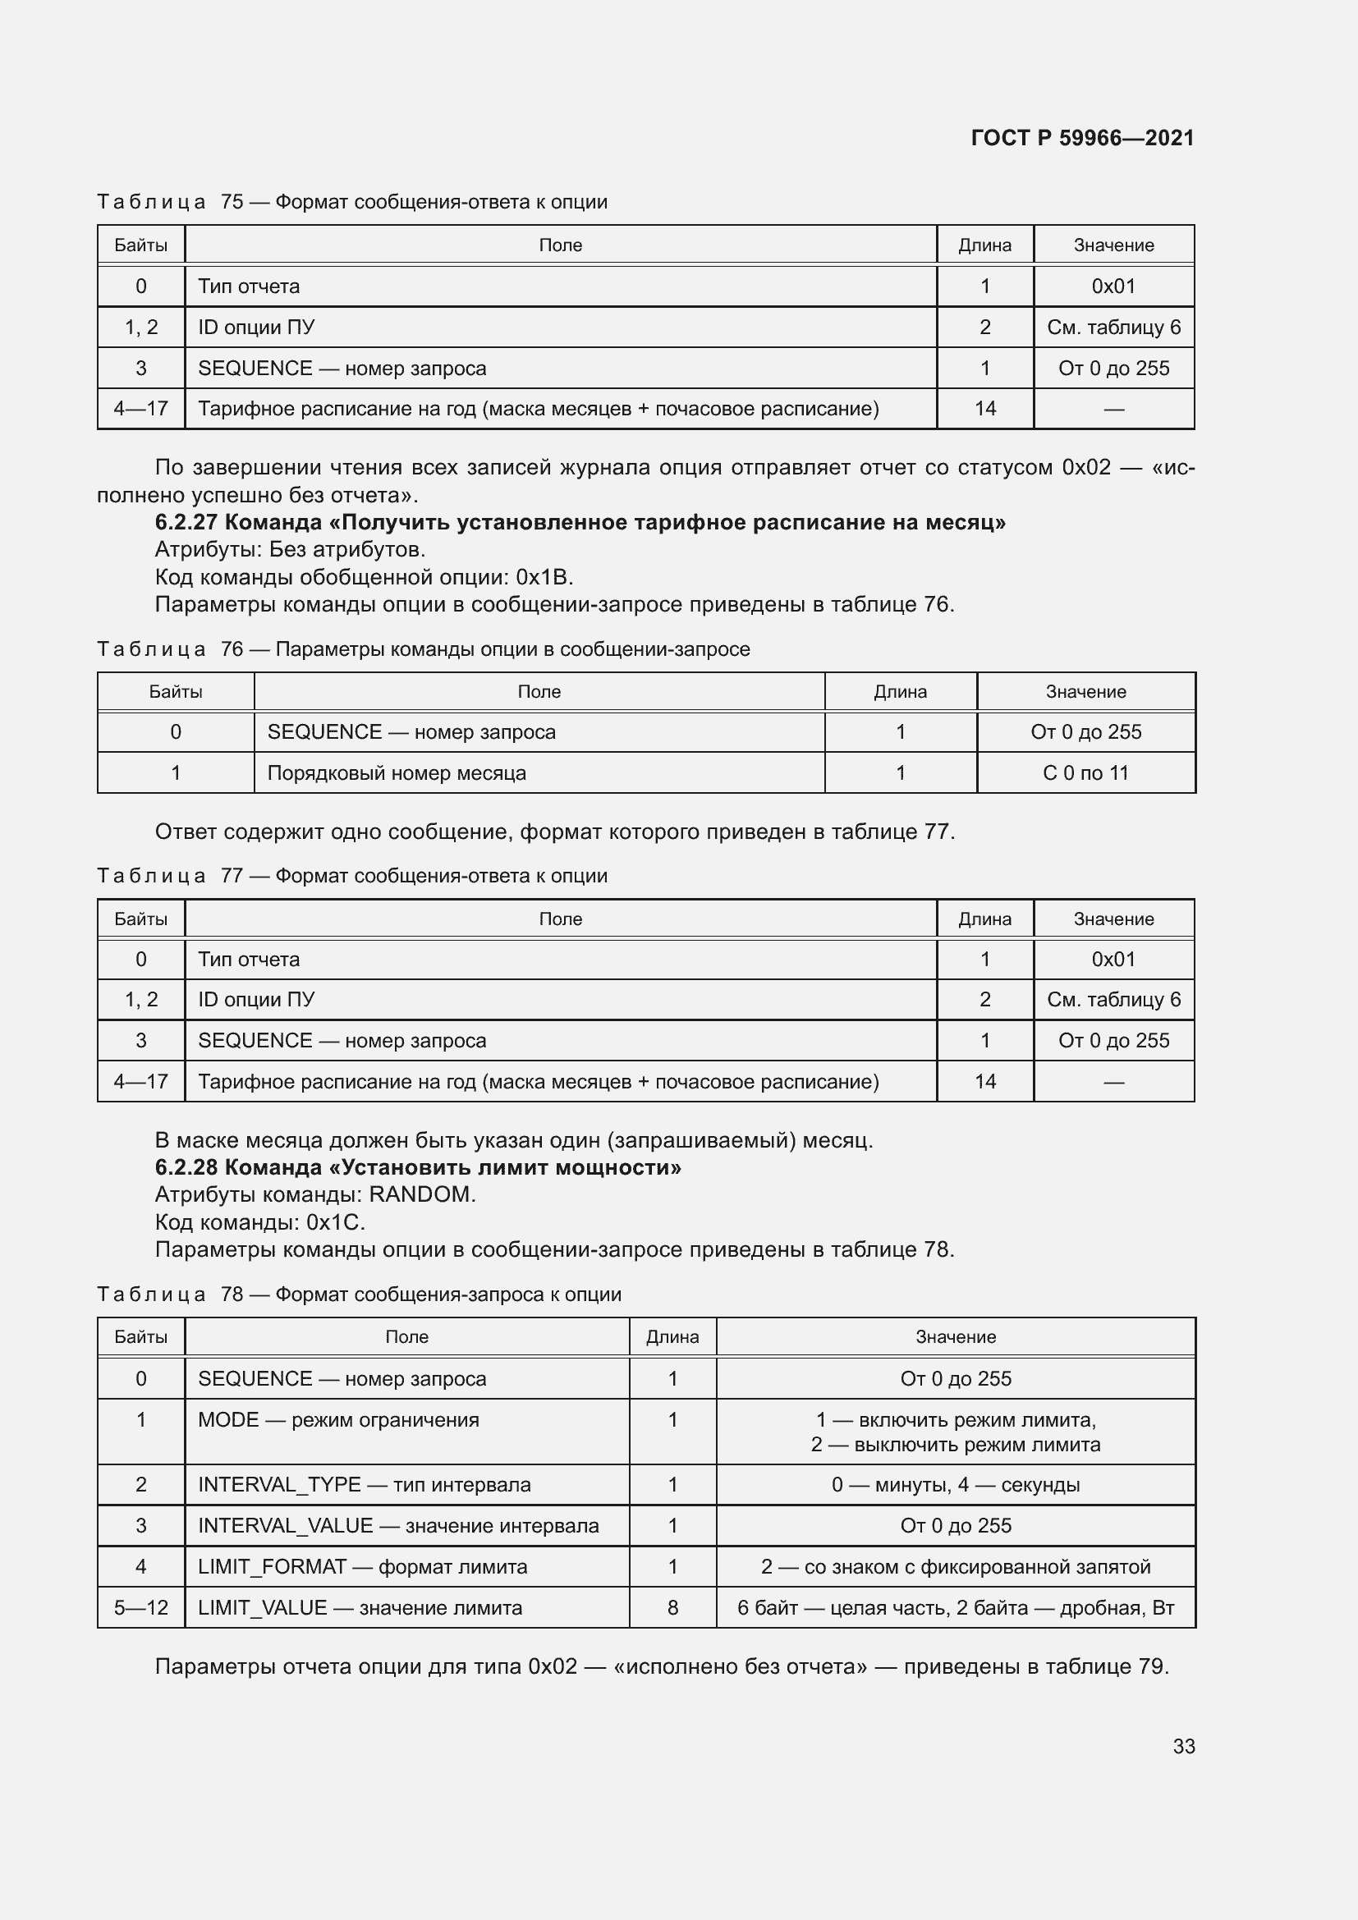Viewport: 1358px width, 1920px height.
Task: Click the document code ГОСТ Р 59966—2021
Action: pyautogui.click(x=1082, y=138)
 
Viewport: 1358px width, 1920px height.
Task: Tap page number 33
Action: pyautogui.click(x=1183, y=1746)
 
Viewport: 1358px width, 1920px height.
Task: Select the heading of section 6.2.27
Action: pyautogui.click(x=580, y=523)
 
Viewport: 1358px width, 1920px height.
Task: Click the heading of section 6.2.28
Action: pyautogui.click(x=417, y=1167)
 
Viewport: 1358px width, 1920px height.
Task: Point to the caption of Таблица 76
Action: pyautogui.click(x=423, y=649)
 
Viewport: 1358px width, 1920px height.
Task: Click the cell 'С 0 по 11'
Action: pyautogui.click(x=1085, y=772)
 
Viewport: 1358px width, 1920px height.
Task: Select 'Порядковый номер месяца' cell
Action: pyautogui.click(x=397, y=772)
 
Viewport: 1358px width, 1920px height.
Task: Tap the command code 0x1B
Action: pyautogui.click(x=544, y=577)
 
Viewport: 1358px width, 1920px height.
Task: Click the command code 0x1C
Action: pyautogui.click(x=334, y=1222)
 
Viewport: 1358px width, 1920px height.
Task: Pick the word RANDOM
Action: pyautogui.click(x=421, y=1195)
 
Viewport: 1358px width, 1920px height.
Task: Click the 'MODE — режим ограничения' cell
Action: pyautogui.click(x=337, y=1420)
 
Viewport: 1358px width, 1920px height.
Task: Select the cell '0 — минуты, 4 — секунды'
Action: pyautogui.click(x=955, y=1485)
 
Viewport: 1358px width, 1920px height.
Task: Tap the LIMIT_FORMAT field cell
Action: pyautogui.click(x=362, y=1567)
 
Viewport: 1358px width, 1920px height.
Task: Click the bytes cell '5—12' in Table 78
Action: pyautogui.click(x=140, y=1608)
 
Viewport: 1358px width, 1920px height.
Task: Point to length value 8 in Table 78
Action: pyautogui.click(x=672, y=1608)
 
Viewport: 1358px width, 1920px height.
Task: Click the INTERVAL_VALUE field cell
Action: pyautogui.click(x=398, y=1526)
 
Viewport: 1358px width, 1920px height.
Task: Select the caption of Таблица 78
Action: pyautogui.click(x=359, y=1295)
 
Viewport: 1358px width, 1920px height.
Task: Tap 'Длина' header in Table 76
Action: pyautogui.click(x=900, y=691)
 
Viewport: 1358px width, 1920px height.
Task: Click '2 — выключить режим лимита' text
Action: pyautogui.click(x=955, y=1445)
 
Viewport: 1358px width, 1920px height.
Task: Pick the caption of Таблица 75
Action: pyautogui.click(x=352, y=202)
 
